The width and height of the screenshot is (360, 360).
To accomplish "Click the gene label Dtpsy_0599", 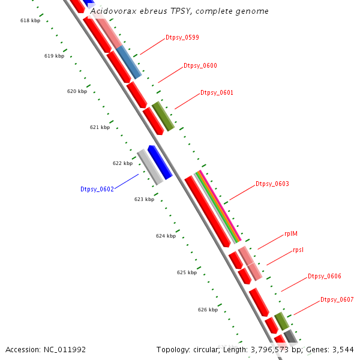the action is (182, 37).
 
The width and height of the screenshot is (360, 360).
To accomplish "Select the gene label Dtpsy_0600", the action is (200, 65).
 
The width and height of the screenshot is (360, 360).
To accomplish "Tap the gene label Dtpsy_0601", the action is (217, 93).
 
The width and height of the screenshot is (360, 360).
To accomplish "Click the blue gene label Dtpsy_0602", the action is (97, 189).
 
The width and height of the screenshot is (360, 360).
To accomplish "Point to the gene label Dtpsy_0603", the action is (272, 184).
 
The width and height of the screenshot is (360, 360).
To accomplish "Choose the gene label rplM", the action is (291, 234).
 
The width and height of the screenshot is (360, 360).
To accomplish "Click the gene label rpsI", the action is (298, 250).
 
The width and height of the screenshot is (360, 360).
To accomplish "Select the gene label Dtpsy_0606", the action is (325, 276).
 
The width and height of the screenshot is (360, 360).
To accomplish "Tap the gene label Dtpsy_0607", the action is (337, 299).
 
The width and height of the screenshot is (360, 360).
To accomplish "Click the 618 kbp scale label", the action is (30, 20).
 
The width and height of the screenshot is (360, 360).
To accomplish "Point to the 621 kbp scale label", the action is (100, 127).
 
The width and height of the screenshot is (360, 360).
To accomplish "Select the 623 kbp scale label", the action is (144, 199).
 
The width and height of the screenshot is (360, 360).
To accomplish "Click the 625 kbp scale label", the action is (187, 272).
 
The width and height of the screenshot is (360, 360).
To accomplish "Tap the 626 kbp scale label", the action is (208, 310).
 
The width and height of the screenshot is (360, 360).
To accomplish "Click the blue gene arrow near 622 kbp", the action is (160, 162).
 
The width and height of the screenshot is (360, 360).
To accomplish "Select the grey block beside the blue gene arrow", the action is (150, 167).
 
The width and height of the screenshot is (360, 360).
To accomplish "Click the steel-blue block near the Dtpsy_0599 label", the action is (129, 62).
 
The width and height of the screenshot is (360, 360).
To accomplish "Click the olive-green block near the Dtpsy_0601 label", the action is (163, 116).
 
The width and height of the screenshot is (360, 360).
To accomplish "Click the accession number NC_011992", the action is (67, 350).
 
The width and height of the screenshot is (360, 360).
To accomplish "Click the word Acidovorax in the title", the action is (112, 11).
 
